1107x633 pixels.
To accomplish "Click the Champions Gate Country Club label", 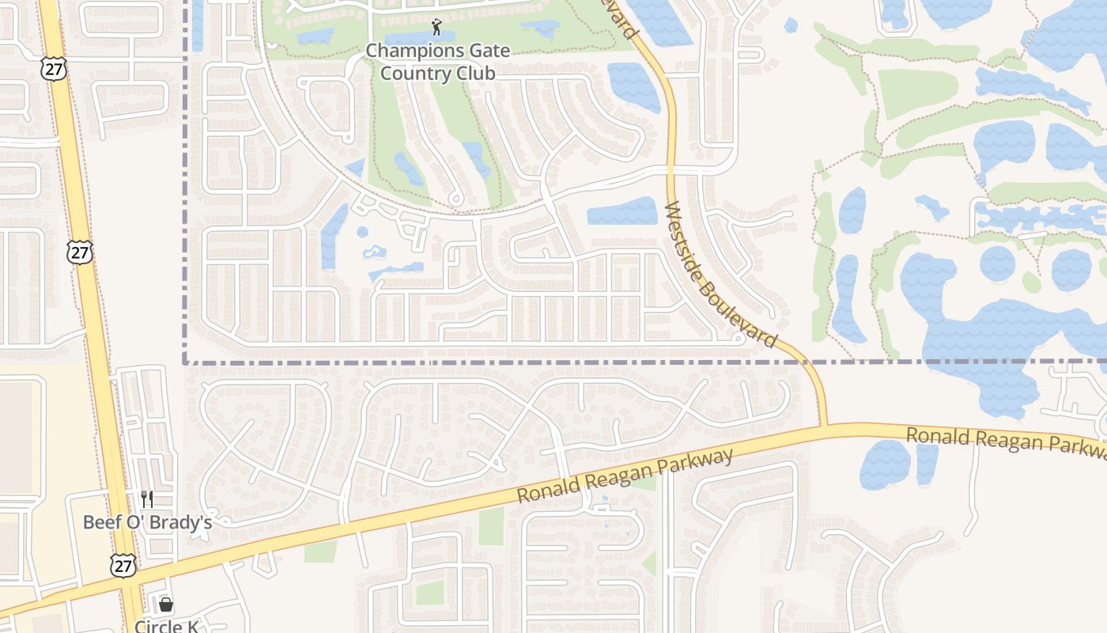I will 437,62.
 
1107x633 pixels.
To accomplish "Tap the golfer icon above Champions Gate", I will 436,28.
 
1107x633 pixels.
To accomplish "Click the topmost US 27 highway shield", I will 54,68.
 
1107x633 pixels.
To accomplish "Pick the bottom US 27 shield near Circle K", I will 123,565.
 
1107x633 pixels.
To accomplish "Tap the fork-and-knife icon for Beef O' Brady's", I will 147,498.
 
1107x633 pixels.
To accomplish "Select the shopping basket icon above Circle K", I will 166,605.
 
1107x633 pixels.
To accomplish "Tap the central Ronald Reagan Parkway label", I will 625,476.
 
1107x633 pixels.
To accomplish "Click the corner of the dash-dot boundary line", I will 185,362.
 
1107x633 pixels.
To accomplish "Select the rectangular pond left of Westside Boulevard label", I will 622,211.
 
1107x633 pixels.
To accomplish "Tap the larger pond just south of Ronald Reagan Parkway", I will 885,464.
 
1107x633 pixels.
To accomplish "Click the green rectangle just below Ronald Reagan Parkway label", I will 491,526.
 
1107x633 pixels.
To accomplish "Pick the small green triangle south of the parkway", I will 649,563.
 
